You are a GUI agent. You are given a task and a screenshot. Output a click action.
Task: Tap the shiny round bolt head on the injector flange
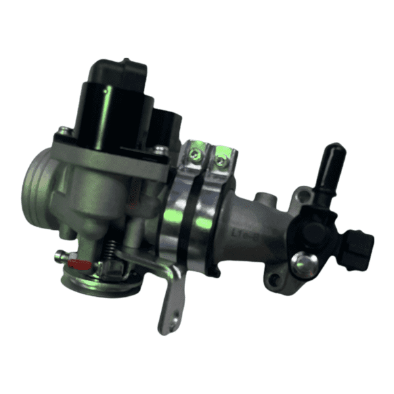304,263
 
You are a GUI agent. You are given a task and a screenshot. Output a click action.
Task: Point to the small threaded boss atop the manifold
264,197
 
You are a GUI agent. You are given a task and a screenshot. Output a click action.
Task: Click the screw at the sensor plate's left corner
62,131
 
